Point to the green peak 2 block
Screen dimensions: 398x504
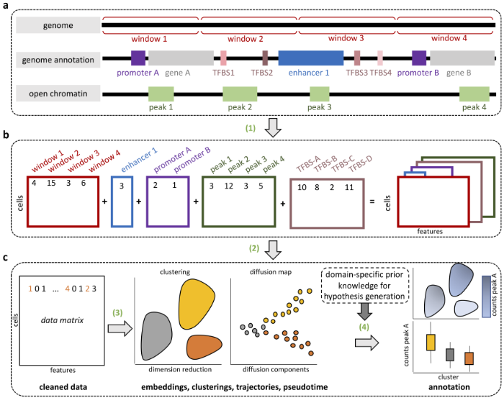pos(240,94)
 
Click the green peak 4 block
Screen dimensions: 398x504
pos(474,94)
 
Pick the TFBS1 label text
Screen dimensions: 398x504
pos(224,73)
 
